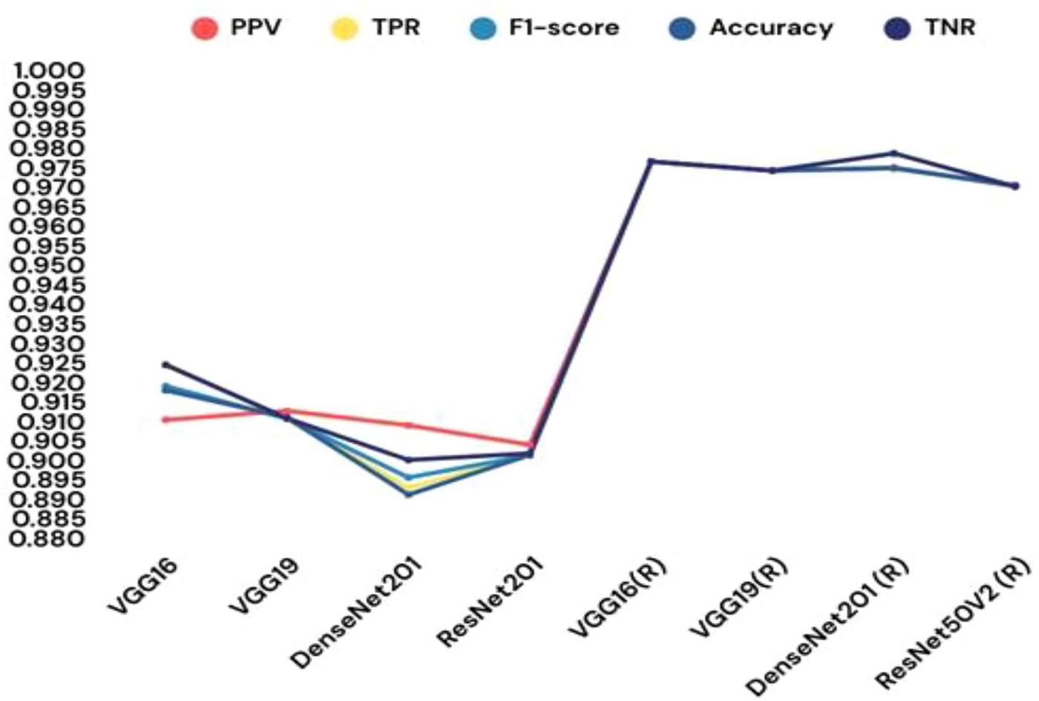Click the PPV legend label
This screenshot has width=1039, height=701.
click(x=255, y=27)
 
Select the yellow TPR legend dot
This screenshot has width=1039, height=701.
click(x=344, y=29)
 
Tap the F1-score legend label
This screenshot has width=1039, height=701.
click(x=563, y=27)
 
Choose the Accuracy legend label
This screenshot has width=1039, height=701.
click(x=770, y=27)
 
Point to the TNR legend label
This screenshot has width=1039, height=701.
click(x=950, y=27)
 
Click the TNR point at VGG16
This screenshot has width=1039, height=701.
click(x=165, y=365)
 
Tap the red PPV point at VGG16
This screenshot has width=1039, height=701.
click(x=165, y=420)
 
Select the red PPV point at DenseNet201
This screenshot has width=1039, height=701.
click(x=408, y=426)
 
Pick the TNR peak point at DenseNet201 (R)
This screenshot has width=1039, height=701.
click(x=894, y=153)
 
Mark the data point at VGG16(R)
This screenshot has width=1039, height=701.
click(x=651, y=161)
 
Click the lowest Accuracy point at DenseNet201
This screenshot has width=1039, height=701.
click(x=408, y=495)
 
